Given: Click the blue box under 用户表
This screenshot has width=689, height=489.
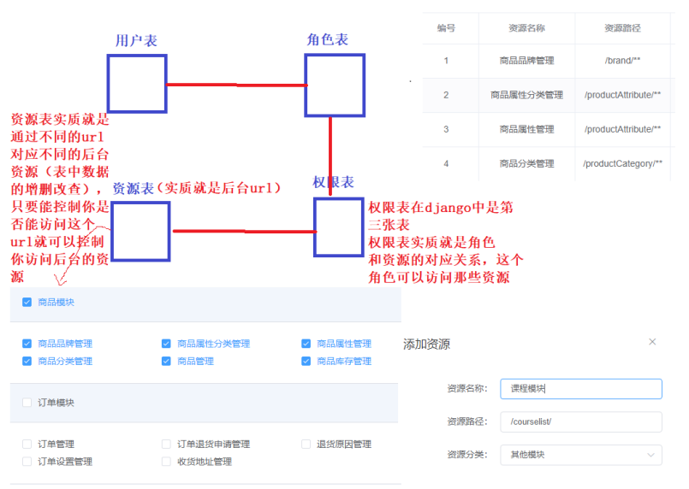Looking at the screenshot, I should point(137,83).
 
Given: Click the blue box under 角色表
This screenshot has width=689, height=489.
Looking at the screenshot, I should point(335,85).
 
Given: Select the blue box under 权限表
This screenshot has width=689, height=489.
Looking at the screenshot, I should point(340,227).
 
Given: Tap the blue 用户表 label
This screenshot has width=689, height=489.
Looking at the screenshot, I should point(136,40).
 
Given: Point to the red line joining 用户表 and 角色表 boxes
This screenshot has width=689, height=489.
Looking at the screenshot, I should point(236,85).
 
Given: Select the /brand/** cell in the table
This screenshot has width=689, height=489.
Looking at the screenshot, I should point(622,61).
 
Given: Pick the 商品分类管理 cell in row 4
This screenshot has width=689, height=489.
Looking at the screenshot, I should point(526,163).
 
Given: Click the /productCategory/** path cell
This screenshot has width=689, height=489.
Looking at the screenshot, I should point(622,163).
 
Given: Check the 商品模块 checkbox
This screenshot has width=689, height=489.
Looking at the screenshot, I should point(27,302).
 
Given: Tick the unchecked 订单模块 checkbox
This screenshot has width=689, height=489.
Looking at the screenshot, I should point(27,403).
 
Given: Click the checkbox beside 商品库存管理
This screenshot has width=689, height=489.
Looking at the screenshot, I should point(306,361).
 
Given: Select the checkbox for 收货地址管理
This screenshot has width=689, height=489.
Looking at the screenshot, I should point(166,462).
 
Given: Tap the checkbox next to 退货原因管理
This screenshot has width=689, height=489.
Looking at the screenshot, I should point(306,444).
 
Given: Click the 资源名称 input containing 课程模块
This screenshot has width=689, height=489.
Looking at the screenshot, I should point(580,389).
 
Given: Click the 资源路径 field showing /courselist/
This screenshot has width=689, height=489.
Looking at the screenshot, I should point(580,421).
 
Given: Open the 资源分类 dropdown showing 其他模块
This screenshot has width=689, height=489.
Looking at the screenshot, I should point(580,455).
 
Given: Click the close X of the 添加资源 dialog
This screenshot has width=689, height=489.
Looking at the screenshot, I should point(652,342).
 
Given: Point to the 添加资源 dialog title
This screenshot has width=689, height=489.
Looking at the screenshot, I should point(426,345).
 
